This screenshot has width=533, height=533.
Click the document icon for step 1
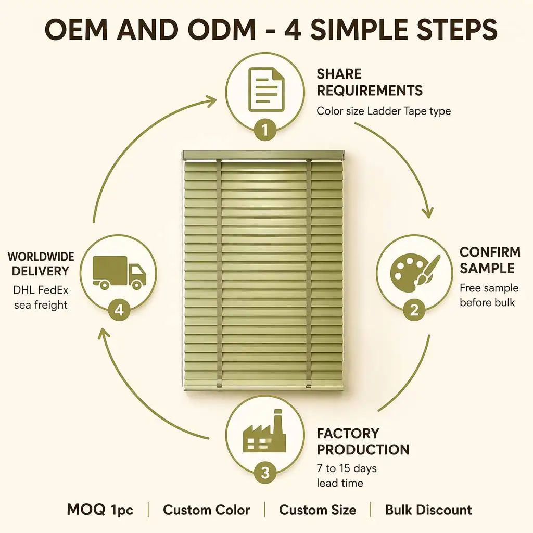pos(266,90)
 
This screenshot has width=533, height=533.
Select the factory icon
pos(264,431)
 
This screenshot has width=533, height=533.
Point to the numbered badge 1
pos(265,130)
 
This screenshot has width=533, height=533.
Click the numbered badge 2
pos(414,310)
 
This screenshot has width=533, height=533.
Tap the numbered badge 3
pos(265,473)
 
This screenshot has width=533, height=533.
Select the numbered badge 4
pos(119,310)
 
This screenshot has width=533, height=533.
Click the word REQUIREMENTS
pos(370,91)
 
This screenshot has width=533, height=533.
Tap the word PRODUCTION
pos(363,450)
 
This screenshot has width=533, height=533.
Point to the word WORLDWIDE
pos(41,257)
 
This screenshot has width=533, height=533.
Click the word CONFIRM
pos(490,252)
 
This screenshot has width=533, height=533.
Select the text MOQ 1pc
pos(100,510)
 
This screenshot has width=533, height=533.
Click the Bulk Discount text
pos(428,510)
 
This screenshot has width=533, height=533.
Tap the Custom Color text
pos(206,510)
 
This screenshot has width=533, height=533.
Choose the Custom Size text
pos(318,510)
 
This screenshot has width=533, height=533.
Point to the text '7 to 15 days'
pos(347,468)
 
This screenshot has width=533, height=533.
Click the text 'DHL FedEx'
pos(41,290)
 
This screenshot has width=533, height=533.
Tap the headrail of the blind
pos(263,155)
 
